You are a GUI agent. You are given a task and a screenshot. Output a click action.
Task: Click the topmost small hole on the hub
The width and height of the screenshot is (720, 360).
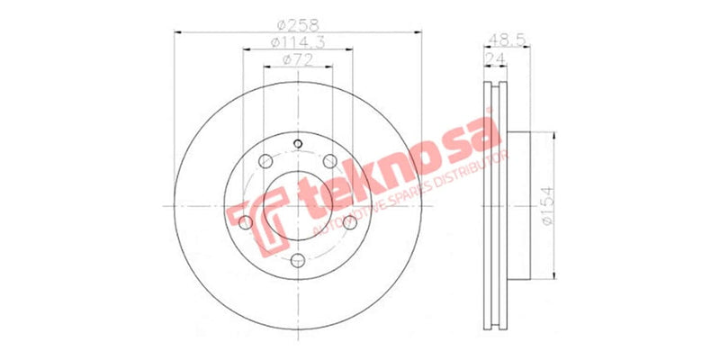(297, 142)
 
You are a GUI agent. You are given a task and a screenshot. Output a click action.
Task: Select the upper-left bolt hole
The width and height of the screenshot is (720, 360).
(265, 161)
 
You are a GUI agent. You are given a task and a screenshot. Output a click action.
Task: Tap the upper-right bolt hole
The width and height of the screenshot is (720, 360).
(330, 161)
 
